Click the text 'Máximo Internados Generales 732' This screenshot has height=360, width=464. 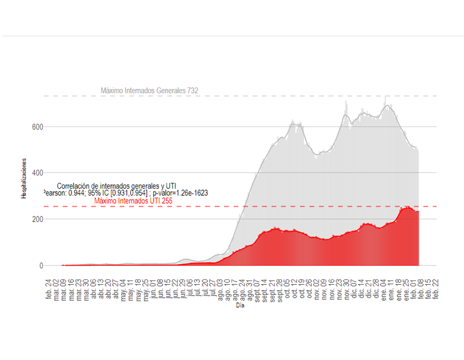click(149, 91)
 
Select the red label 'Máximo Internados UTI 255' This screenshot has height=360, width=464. click(133, 201)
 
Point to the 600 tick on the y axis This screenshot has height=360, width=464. click(37, 127)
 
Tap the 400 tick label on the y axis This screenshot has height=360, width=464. click(37, 173)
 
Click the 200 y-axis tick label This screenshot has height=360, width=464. click(37, 219)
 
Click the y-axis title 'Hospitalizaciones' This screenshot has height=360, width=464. click(24, 179)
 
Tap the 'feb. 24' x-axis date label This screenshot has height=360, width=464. click(49, 288)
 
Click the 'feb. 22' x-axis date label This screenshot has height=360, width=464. click(436, 288)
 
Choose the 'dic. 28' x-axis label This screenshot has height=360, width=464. click(377, 288)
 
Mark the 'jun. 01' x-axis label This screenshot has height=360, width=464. click(153, 288)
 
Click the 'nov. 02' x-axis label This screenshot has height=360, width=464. click(317, 288)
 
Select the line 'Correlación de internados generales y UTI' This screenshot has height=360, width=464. click(116, 186)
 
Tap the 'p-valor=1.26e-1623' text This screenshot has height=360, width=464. click(180, 193)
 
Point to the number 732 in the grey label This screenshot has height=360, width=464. click(193, 91)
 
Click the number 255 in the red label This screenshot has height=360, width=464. click(166, 201)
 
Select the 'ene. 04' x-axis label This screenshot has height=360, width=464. click(384, 288)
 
